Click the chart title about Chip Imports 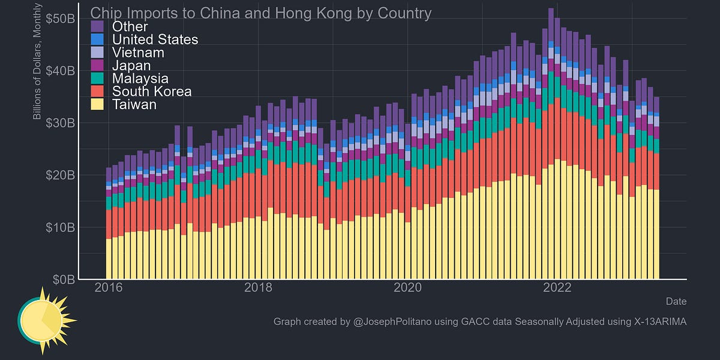[260, 13]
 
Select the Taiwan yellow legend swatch [98, 104]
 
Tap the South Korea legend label [152, 91]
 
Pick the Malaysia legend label [140, 79]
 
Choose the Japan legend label [132, 65]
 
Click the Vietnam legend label [139, 52]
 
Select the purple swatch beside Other [98, 26]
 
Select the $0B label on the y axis [63, 280]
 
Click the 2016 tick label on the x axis [109, 287]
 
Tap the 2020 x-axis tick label [407, 287]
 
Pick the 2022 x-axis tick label [556, 287]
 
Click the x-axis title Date [676, 301]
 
